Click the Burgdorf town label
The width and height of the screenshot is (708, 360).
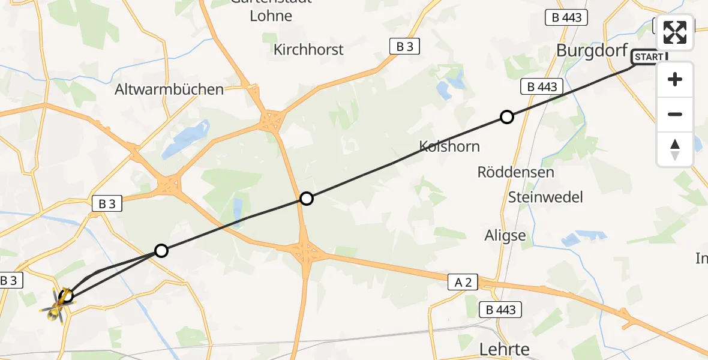pos(592,50)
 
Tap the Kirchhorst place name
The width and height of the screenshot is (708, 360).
pos(308,50)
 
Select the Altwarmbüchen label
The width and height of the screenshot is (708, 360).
pos(169,90)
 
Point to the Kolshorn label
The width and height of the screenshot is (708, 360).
pos(449,146)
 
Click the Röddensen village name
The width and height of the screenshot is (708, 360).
pos(515,172)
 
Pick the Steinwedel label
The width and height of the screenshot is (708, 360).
pos(545,197)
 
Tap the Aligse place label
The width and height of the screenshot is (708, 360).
pos(505,236)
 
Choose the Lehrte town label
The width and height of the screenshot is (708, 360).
pos(505,349)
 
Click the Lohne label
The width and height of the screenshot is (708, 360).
pos(271,16)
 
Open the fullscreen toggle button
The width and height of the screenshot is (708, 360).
pos(675,32)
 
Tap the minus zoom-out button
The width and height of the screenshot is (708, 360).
pos(675,114)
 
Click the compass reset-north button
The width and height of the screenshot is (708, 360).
pos(675,149)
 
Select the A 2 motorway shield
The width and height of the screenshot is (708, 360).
pos(463,281)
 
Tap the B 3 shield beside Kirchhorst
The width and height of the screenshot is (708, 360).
pos(405,46)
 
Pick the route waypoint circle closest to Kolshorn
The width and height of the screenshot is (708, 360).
pos(507,117)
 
